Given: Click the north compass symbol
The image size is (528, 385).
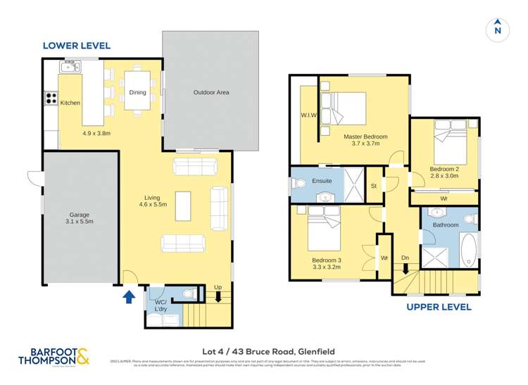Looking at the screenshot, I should coord(497,29).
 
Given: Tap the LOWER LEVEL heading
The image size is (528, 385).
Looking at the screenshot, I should coord(77,46).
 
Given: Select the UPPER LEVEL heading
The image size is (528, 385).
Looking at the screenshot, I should coord(439,308).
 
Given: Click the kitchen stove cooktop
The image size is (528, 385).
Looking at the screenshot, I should coord(51,99).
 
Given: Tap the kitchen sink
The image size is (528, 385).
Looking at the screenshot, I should coord(70,67).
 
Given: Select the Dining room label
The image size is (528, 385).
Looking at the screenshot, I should coord(137,92).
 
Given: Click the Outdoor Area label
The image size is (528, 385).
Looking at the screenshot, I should coord(211,92).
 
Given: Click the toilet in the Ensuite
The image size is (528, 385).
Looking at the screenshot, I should coord(299,184).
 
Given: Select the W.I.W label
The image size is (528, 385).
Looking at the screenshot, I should coord(308,115).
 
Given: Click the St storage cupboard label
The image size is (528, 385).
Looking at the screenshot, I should coord(373,186).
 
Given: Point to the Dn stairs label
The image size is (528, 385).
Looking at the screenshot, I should coord(405,258).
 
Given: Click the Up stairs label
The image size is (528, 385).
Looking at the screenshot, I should coord(218,288).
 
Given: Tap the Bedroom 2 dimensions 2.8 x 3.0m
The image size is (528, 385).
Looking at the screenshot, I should coord(444,176).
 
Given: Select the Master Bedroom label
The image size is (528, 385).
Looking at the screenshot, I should coord(365,137).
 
